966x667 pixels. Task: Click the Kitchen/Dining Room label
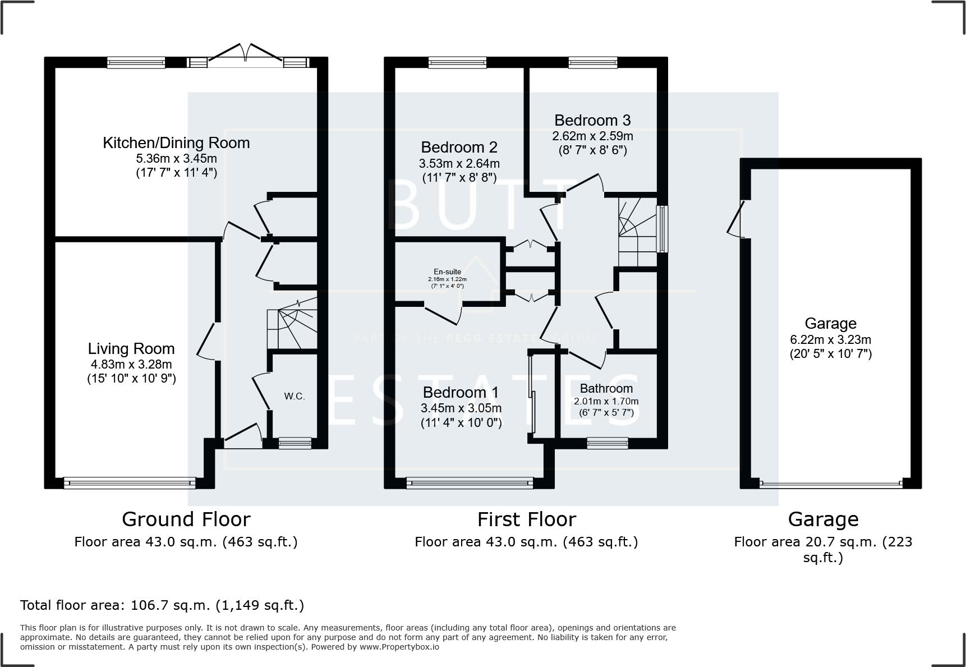pyautogui.click(x=176, y=142)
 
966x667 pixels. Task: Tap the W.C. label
pyautogui.click(x=294, y=396)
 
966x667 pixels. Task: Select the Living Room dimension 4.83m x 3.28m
pyautogui.click(x=131, y=365)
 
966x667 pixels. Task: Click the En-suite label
pyautogui.click(x=447, y=272)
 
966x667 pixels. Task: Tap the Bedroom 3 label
pyautogui.click(x=592, y=120)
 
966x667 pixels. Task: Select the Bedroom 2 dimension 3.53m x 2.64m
pyautogui.click(x=459, y=164)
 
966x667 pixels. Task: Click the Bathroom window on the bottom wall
pyautogui.click(x=607, y=443)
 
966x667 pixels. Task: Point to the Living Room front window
pyautogui.click(x=130, y=482)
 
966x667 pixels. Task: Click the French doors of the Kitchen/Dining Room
pyautogui.click(x=245, y=57)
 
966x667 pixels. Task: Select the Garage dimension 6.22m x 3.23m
pyautogui.click(x=830, y=339)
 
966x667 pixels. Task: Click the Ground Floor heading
pyautogui.click(x=186, y=519)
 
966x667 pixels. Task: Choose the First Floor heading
pyautogui.click(x=526, y=519)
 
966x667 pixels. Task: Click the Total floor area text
pyautogui.click(x=162, y=605)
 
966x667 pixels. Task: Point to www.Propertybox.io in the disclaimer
pyautogui.click(x=399, y=647)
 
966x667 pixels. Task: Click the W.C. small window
pyautogui.click(x=295, y=443)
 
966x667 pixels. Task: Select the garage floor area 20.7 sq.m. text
pyautogui.click(x=823, y=542)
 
